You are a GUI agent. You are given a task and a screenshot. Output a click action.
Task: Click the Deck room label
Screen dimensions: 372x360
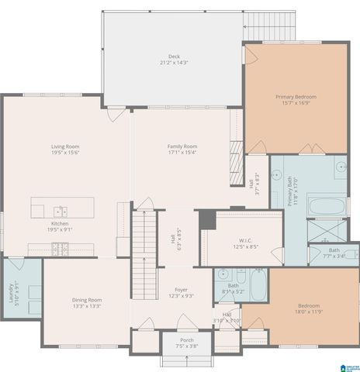pos(175,57)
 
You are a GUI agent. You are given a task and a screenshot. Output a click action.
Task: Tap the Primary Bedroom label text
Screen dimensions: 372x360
pos(296,97)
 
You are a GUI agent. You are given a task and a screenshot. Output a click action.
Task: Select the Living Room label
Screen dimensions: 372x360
pos(65,146)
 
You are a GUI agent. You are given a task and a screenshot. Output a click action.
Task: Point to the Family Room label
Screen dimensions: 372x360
pos(182,146)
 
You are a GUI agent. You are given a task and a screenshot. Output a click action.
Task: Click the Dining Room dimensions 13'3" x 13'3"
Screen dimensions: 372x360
pos(87,306)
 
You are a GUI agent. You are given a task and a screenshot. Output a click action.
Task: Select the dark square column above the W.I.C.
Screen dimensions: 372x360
pos(207,219)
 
